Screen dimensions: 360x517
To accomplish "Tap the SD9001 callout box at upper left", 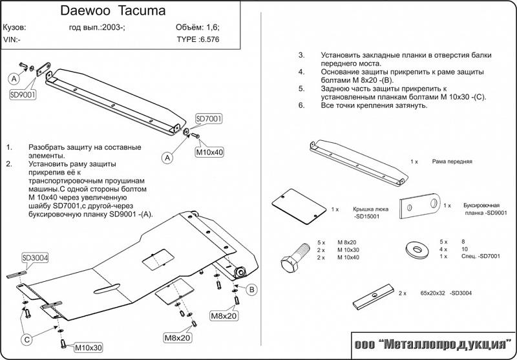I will tap(23, 94).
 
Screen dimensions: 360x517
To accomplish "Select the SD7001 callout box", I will tap(208, 119).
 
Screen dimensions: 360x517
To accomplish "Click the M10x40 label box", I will tap(209, 153).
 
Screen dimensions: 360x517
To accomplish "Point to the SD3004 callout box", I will tap(35, 257).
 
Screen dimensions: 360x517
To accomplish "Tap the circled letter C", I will tap(27, 339).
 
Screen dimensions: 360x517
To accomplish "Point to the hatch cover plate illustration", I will tap(298, 206).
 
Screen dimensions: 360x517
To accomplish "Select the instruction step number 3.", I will tap(301, 56).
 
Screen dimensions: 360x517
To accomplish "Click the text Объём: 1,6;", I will tap(197, 28).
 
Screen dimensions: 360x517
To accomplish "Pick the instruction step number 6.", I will tap(301, 105).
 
